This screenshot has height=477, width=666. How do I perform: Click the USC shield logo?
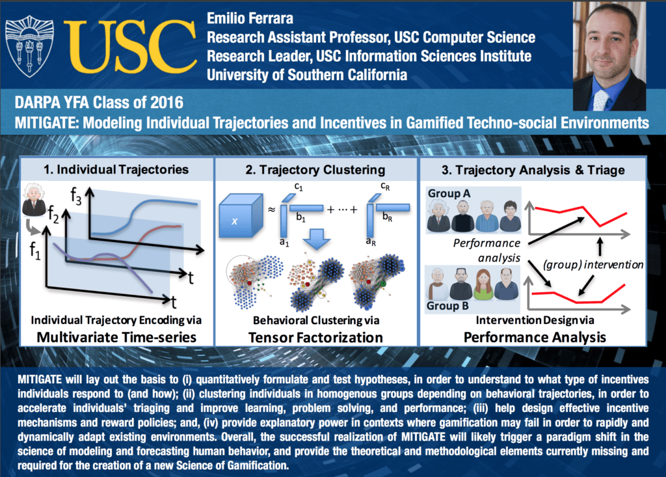[29, 46]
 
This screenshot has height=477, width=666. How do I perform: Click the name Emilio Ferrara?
[250, 18]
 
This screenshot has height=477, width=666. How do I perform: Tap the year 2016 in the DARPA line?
[166, 102]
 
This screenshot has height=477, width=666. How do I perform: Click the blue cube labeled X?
[241, 215]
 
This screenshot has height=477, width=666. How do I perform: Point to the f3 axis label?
[75, 197]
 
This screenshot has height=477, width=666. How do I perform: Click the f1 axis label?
[35, 251]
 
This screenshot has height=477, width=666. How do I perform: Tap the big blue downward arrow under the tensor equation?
[317, 239]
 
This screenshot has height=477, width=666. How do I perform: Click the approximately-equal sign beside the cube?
[271, 209]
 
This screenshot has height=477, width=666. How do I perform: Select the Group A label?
[449, 193]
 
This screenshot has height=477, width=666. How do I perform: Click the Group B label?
[447, 306]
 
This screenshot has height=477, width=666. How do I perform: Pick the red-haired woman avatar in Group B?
[483, 284]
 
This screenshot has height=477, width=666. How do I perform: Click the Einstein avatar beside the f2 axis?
[34, 199]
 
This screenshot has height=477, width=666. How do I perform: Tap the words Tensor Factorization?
[315, 338]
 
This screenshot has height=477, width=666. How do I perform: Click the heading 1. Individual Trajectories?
[116, 169]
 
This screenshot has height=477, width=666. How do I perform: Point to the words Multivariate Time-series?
[116, 337]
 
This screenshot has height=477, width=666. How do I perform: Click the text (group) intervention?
[593, 265]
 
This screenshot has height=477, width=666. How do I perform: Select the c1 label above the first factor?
[299, 186]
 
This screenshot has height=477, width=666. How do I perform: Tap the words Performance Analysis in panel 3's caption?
[535, 338]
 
